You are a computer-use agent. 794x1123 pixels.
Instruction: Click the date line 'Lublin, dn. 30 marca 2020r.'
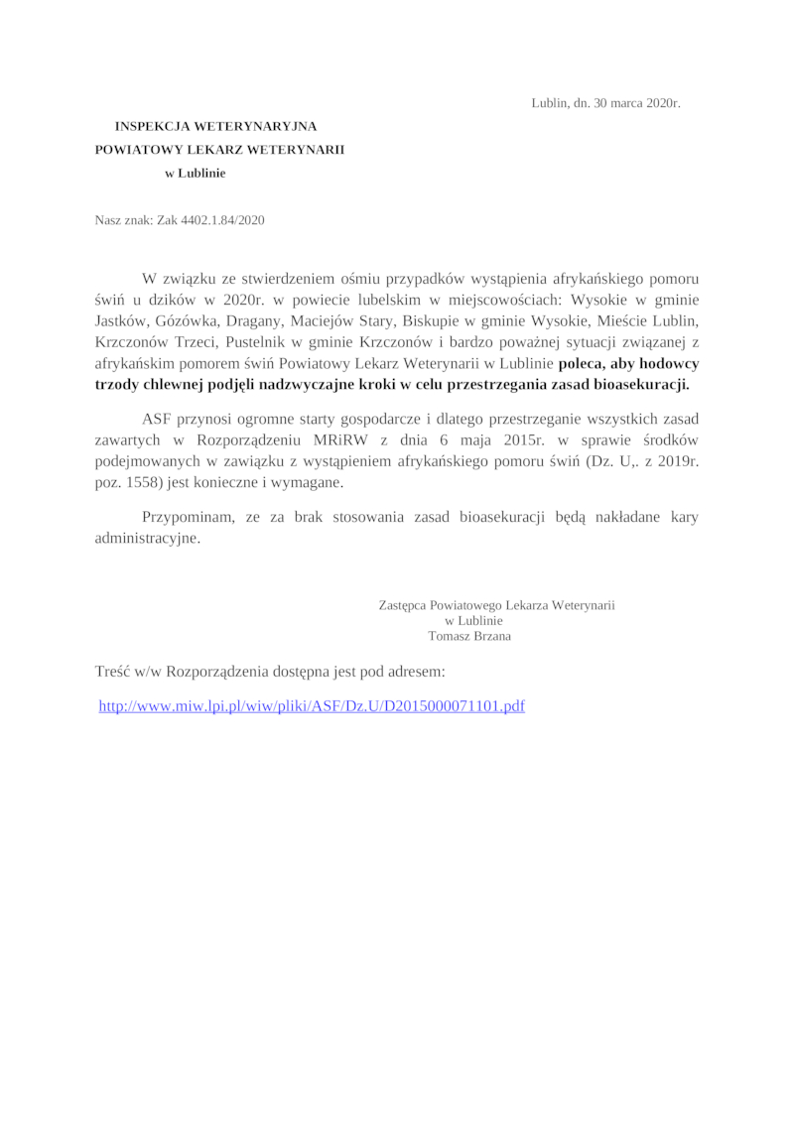[605, 103]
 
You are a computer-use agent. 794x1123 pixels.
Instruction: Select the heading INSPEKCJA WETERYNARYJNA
[215, 127]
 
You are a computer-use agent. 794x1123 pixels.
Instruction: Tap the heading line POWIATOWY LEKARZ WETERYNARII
[219, 149]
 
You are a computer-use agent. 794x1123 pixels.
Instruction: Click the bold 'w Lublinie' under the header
[195, 172]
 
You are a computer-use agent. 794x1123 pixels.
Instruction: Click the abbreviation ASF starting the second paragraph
[158, 419]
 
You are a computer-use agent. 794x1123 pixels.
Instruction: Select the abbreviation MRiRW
[399, 440]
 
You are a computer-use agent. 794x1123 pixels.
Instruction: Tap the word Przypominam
[189, 518]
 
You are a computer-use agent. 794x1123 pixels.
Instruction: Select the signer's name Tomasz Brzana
[469, 636]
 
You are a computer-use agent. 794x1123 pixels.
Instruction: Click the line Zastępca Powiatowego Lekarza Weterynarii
[496, 604]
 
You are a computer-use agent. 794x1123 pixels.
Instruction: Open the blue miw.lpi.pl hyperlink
[312, 706]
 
